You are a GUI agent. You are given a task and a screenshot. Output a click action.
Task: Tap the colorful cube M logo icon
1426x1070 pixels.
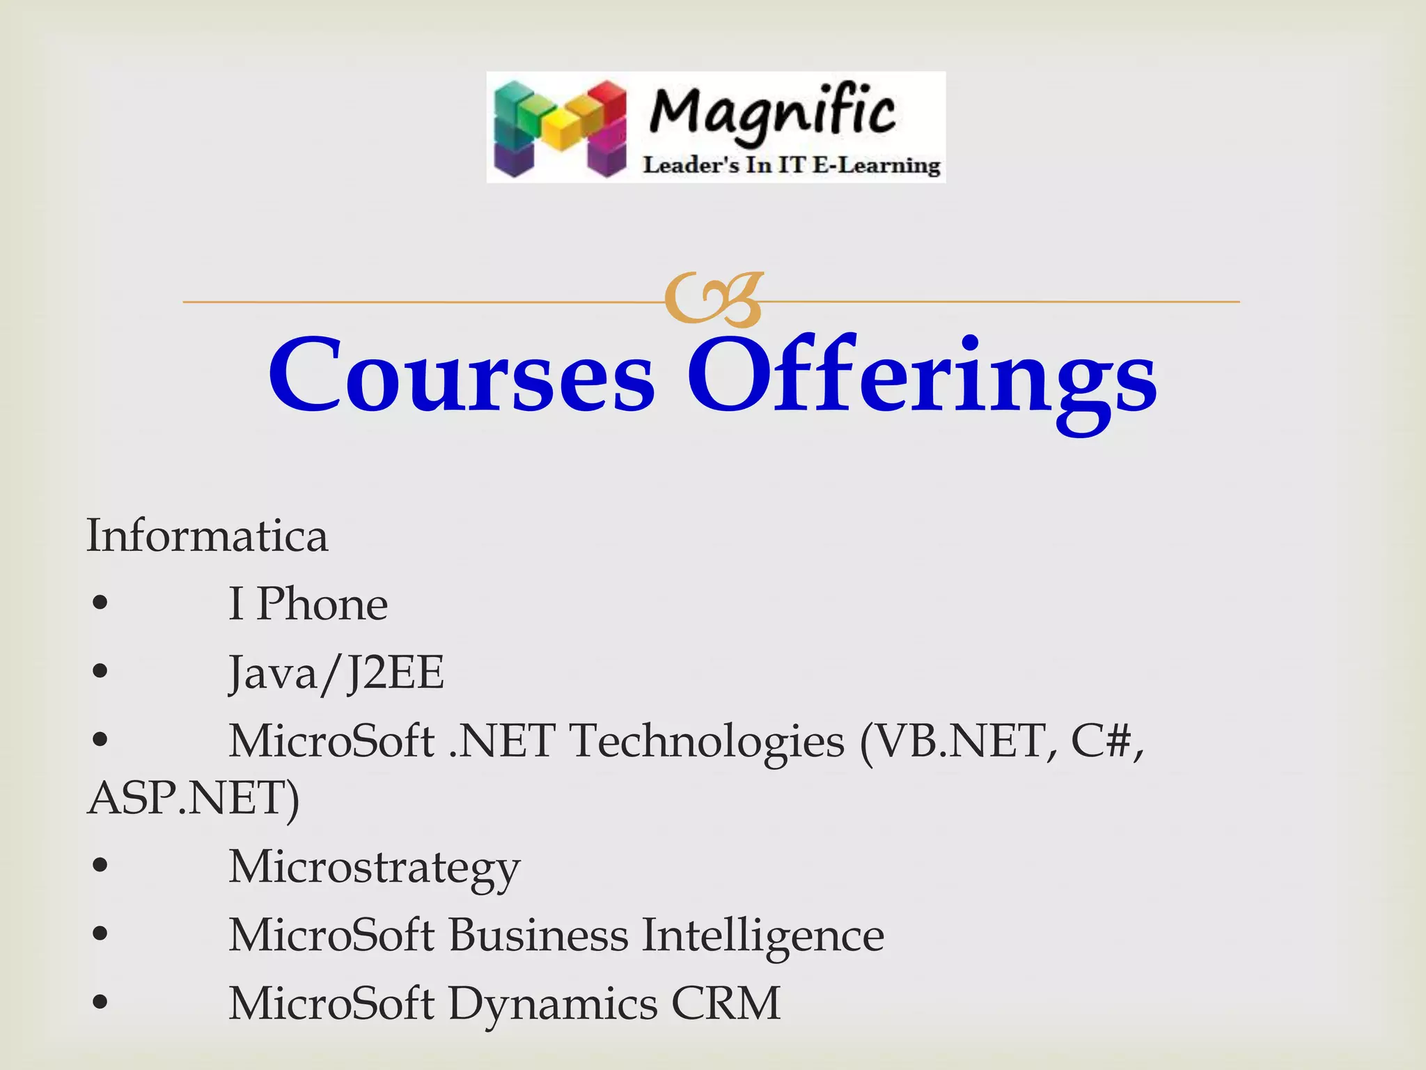pos(560,128)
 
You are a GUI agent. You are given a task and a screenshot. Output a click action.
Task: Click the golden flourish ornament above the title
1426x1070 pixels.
pos(713,300)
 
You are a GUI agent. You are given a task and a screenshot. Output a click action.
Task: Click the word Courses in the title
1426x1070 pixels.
pos(462,375)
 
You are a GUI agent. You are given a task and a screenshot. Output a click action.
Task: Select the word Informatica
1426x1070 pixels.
pos(207,536)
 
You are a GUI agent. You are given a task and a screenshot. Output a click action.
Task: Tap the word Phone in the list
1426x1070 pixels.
pos(322,604)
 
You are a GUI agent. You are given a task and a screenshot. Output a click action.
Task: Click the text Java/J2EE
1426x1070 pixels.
pos(336,673)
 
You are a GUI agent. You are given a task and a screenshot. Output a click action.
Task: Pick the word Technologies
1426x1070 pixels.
pos(707,741)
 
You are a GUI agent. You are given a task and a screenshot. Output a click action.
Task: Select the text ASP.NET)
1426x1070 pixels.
pos(194,798)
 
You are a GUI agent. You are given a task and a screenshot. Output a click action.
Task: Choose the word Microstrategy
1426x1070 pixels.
pos(374,868)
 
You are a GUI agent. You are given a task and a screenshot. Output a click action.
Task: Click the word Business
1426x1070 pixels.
pos(538,935)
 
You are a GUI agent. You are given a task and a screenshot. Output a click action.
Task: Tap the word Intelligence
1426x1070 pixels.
pos(762,936)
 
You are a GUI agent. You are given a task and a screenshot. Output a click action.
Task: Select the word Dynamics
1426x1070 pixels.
pos(553,1005)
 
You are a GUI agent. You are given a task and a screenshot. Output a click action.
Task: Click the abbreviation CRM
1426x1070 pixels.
pos(726,1004)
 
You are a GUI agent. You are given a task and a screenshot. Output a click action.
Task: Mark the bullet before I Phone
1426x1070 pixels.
pos(100,603)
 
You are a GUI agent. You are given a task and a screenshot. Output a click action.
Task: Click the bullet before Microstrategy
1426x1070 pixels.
pos(100,866)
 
